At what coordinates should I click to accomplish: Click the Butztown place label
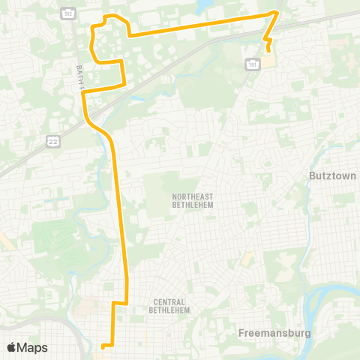click(x=332, y=175)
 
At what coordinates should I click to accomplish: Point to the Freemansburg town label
click(x=279, y=331)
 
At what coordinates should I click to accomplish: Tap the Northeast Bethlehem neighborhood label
click(x=182, y=201)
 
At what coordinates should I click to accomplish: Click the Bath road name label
click(x=78, y=74)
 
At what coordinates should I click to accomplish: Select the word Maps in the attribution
click(x=33, y=347)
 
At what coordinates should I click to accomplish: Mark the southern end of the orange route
click(x=102, y=346)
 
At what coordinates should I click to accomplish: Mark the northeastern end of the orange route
click(x=268, y=50)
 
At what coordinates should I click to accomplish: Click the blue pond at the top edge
click(x=202, y=7)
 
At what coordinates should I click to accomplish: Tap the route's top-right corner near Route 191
click(x=277, y=13)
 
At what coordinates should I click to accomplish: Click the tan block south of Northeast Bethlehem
click(x=245, y=259)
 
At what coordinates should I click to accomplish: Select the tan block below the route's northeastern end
click(x=268, y=59)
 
